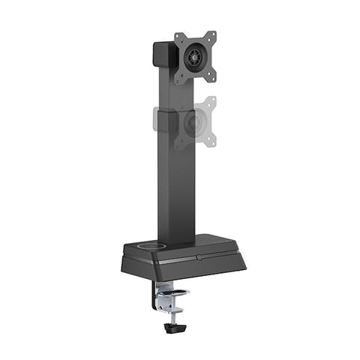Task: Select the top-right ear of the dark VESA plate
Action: [212, 34]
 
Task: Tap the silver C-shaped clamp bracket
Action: [160, 296]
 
